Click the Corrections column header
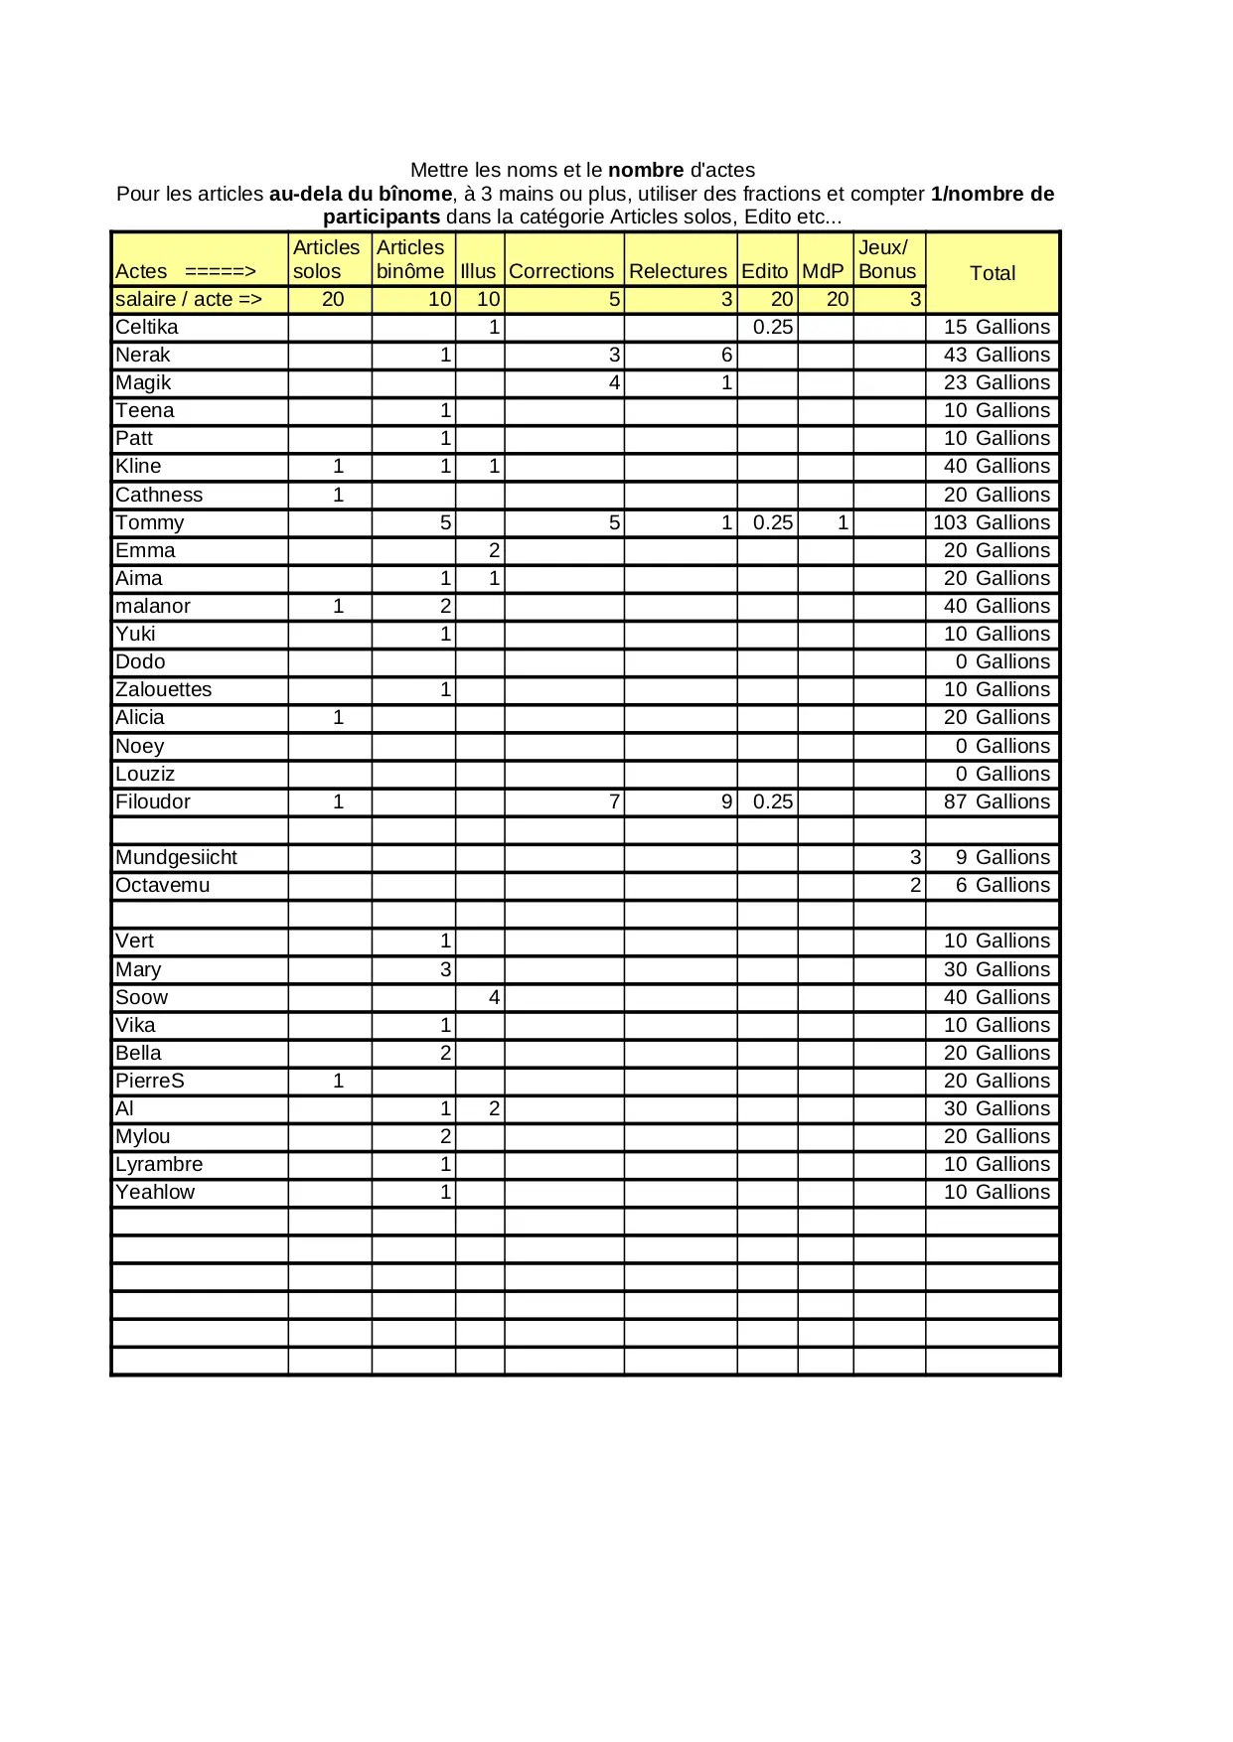561,271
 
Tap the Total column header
992,273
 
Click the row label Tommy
150,522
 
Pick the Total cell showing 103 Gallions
991,522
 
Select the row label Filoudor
153,801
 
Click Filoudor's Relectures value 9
726,801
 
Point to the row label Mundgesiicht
176,857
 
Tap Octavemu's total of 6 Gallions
1002,885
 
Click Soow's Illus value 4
494,997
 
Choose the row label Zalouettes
164,689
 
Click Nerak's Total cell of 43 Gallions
996,355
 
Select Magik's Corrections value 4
614,382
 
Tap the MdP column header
823,271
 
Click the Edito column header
764,271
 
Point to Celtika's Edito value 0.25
772,327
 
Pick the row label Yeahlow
155,1192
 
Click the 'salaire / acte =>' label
189,299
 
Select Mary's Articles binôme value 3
445,969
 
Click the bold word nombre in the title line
646,170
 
